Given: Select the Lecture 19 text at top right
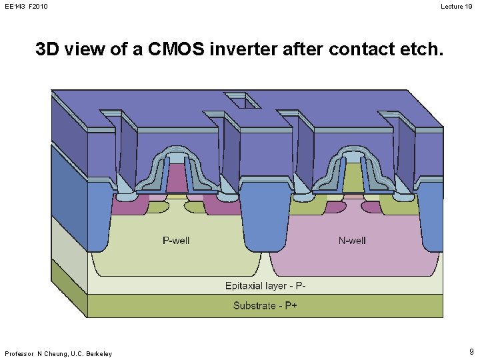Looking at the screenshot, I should click(x=457, y=6).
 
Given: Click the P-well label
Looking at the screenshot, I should click(x=176, y=240).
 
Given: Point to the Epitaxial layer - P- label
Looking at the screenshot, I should click(x=265, y=286).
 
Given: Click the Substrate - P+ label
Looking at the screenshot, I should click(x=265, y=306).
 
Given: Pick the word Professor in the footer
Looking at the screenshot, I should click(x=19, y=353).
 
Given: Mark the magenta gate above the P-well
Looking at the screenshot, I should click(x=177, y=179).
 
